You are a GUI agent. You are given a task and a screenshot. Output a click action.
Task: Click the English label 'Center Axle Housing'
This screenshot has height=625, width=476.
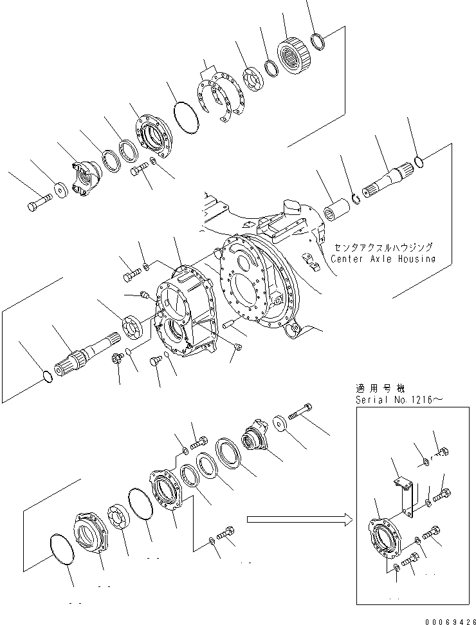pyautogui.click(x=383, y=259)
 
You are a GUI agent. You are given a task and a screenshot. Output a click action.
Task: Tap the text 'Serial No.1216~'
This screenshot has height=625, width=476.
pyautogui.click(x=398, y=400)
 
